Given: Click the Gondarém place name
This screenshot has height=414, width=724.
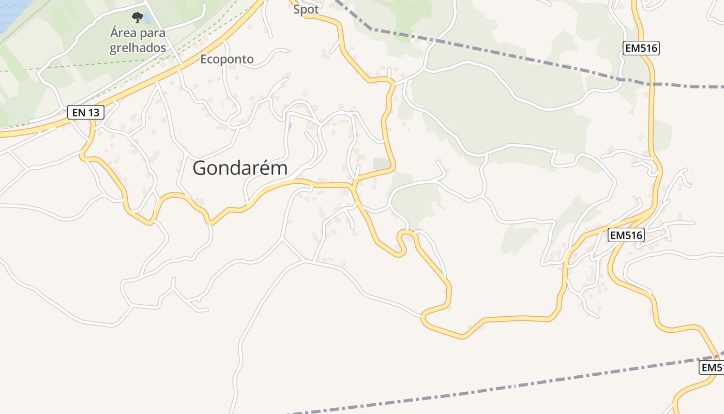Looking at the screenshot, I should [x=240, y=168].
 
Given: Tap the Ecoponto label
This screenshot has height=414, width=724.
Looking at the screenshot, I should [x=227, y=59].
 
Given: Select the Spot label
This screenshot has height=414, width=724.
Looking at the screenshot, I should [x=306, y=9].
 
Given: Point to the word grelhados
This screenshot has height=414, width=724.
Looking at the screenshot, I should [x=138, y=48].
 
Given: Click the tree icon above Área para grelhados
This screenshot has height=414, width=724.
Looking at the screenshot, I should [x=137, y=18].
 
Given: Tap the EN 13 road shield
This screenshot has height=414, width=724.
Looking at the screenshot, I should [x=86, y=112].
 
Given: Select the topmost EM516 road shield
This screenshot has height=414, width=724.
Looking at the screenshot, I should [x=641, y=48].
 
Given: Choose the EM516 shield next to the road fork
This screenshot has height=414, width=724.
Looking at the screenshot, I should [x=626, y=235].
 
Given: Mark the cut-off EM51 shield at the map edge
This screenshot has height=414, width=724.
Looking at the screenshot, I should [x=712, y=367].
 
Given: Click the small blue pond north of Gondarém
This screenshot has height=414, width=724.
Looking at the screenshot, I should [x=290, y=126].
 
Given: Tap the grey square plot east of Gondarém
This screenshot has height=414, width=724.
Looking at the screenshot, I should [x=381, y=164].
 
